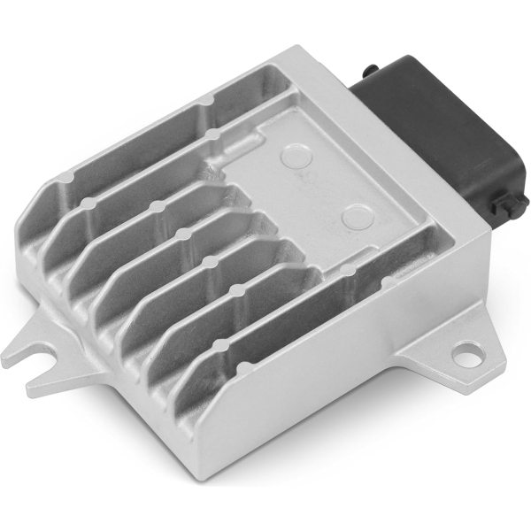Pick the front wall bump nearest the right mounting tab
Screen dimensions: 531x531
(348, 267)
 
